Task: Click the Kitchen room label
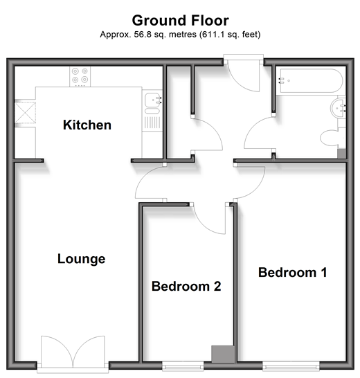pyautogui.click(x=87, y=125)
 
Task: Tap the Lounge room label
pyautogui.click(x=82, y=259)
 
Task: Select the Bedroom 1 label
pyautogui.click(x=292, y=272)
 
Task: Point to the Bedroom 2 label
pyautogui.click(x=186, y=287)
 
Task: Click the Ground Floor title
pyautogui.click(x=181, y=21)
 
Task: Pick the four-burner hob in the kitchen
pyautogui.click(x=80, y=77)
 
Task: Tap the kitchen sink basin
pyautogui.click(x=153, y=99)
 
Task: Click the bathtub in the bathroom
pyautogui.click(x=311, y=81)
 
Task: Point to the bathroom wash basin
pyautogui.click(x=338, y=108)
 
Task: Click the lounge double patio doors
pyautogui.click(x=73, y=352)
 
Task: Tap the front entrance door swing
pyautogui.click(x=244, y=76)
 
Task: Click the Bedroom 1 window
pyautogui.click(x=291, y=367)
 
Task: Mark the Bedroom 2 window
pyautogui.click(x=183, y=367)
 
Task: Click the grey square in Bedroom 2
pyautogui.click(x=223, y=354)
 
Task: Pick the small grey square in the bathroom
pyautogui.click(x=341, y=154)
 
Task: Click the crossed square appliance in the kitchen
pyautogui.click(x=26, y=113)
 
